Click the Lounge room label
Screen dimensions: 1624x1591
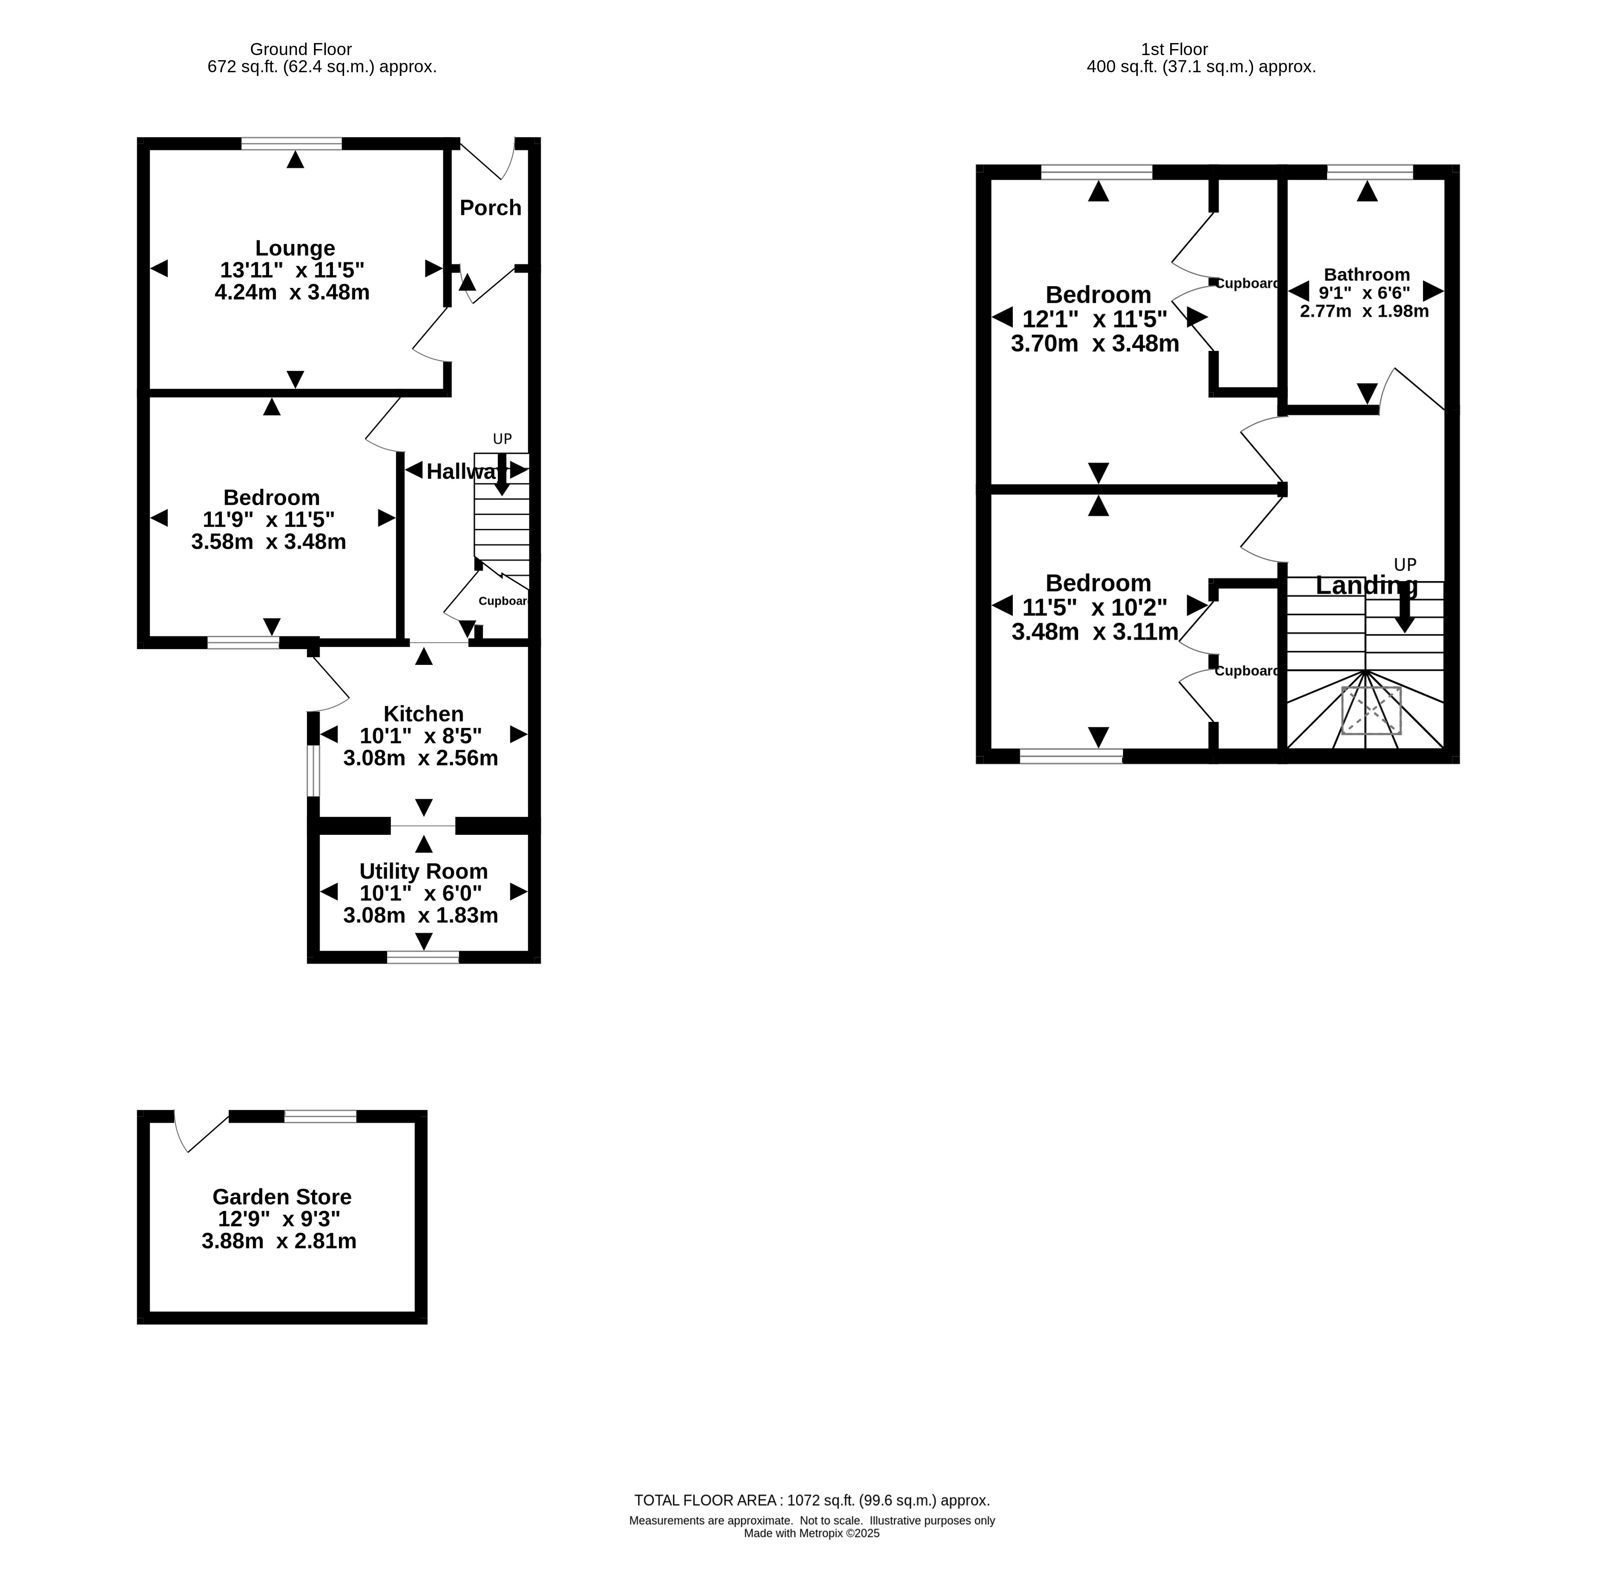(x=295, y=248)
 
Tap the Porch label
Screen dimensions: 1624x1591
(x=491, y=207)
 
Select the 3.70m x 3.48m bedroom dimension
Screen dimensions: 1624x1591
(x=1095, y=344)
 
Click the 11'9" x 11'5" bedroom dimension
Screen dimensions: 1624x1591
(x=268, y=520)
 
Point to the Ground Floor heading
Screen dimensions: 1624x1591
(x=301, y=49)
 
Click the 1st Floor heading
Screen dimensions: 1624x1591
(x=1174, y=49)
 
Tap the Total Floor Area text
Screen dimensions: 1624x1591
(x=812, y=1500)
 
